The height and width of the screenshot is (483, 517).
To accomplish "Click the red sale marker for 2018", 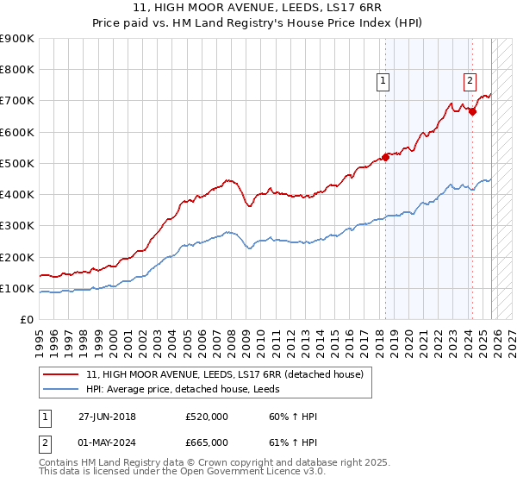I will [x=386, y=157].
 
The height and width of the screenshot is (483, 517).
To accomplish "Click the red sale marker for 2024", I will [x=472, y=111].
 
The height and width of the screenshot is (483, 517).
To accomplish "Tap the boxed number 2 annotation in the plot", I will [x=470, y=81].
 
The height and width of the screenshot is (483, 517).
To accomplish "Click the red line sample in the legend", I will [x=62, y=374].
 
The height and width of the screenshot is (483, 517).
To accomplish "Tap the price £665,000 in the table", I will [x=207, y=441].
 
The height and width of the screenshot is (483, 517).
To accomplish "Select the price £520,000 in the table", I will [x=207, y=417].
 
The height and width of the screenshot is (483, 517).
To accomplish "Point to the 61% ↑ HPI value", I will [x=293, y=441].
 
